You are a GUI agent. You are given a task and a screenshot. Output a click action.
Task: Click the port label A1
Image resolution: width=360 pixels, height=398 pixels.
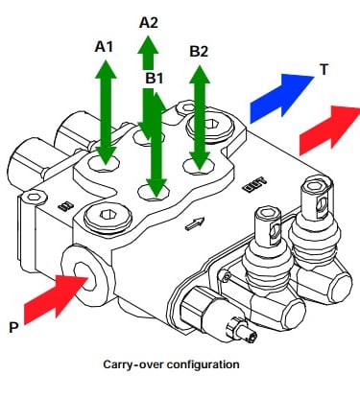[x=104, y=47]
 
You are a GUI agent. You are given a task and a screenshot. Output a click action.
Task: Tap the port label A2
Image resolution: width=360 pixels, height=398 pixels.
[x=149, y=23]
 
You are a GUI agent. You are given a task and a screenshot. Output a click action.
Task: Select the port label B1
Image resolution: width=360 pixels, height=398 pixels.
[x=155, y=79]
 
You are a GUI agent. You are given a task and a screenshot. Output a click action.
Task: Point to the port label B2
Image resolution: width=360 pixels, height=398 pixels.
[x=199, y=52]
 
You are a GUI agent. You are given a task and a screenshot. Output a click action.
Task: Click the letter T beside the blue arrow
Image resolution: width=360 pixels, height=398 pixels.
[x=324, y=69]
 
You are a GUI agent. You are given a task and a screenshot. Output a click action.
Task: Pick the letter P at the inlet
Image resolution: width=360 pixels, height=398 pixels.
[x=13, y=328]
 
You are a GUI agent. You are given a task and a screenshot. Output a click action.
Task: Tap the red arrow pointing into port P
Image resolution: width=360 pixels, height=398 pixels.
[x=55, y=299]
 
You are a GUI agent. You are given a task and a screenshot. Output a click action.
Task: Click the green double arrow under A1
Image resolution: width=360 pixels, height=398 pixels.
[x=106, y=112]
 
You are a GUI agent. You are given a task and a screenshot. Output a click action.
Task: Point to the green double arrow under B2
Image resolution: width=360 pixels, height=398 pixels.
[x=200, y=118]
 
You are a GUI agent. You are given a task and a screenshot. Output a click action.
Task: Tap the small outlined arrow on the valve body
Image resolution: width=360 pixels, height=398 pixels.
[x=195, y=223]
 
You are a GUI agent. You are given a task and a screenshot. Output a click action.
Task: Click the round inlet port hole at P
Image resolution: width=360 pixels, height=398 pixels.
[x=84, y=276]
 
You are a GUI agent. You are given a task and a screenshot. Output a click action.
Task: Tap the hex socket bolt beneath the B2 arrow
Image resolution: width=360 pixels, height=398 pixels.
[x=210, y=126]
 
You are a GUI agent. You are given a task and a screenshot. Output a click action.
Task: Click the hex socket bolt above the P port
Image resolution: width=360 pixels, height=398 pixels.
[x=108, y=216]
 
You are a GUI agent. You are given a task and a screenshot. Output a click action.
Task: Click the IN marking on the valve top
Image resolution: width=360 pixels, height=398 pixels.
[x=66, y=205]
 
